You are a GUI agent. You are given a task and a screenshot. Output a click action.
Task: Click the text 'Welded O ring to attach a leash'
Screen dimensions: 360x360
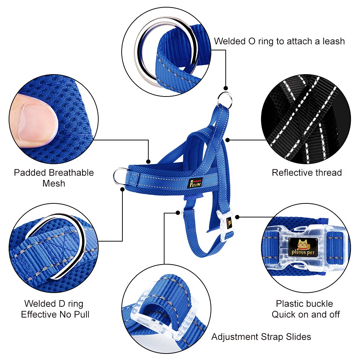[279, 41]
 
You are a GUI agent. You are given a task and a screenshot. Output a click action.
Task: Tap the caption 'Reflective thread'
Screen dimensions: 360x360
[307, 172]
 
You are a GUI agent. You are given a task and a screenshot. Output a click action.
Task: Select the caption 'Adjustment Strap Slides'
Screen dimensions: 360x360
[261, 337]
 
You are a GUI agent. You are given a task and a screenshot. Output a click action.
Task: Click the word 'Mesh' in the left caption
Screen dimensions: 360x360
[54, 183]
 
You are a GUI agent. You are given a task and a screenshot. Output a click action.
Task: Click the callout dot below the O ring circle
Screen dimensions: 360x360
[226, 88]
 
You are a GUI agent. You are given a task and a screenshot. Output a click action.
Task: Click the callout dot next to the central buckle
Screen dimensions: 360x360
[238, 217]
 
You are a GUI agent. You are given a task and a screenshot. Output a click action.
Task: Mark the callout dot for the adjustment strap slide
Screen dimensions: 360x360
[177, 213]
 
